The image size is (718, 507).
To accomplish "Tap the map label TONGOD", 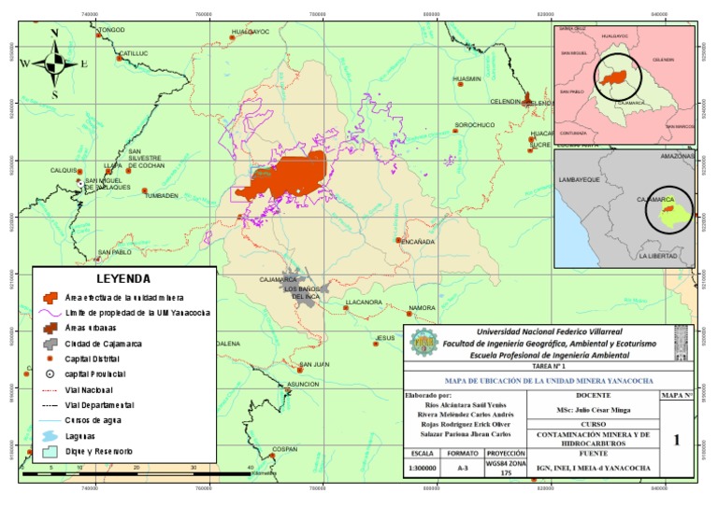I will point(110,31).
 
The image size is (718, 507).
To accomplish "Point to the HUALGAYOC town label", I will point(250,32).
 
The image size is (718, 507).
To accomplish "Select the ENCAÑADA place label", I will point(417,242).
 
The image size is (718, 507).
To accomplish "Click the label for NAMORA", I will point(423,307).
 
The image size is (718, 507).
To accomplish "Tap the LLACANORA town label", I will point(364,303).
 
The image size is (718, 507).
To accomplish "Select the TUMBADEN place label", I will point(161,196).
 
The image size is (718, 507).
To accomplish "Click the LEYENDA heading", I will point(122,278).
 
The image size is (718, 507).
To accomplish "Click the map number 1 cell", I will point(676,439).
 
